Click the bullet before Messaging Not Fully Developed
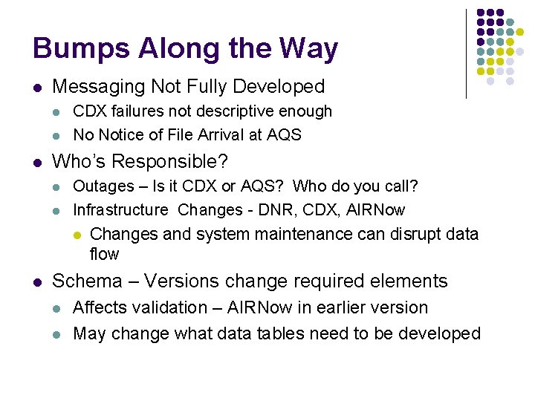coord(37,88)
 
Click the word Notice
coord(119,134)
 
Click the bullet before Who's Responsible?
coord(37,162)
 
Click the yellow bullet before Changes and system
coord(77,235)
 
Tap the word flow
coord(104,254)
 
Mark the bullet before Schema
coord(37,281)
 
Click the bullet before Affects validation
coord(58,308)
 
